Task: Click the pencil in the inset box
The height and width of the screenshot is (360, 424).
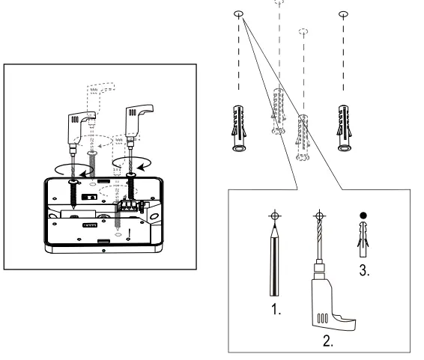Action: [x=276, y=258]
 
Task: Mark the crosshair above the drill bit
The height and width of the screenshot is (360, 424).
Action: [x=320, y=216]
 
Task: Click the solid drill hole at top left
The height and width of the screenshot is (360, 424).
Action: [x=237, y=13]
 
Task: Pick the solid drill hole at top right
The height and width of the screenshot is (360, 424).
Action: [x=344, y=13]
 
